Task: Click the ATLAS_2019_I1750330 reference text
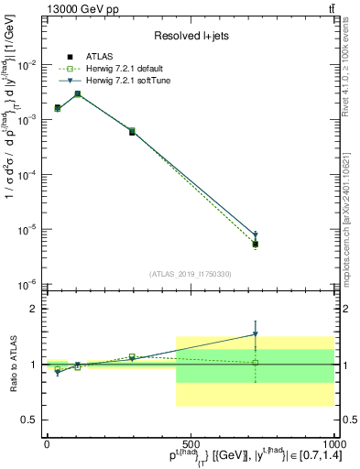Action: click(x=190, y=273)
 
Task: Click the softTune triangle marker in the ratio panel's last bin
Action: click(x=256, y=334)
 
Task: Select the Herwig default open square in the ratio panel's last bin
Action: click(x=256, y=363)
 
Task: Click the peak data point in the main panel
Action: click(x=78, y=94)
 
